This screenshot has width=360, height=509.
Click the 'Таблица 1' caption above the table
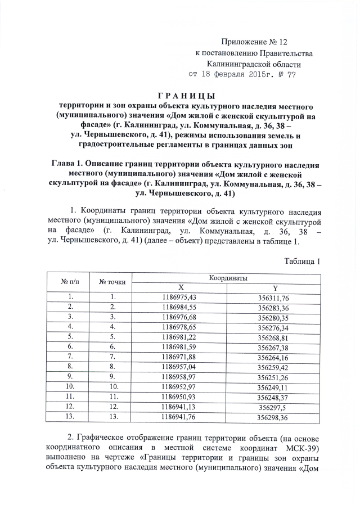pyautogui.click(x=302, y=262)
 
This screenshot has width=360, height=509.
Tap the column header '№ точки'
pyautogui.click(x=112, y=282)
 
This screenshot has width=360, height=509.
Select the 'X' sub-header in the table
pyautogui.click(x=180, y=287)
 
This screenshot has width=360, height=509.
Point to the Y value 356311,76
pyautogui.click(x=273, y=297)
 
